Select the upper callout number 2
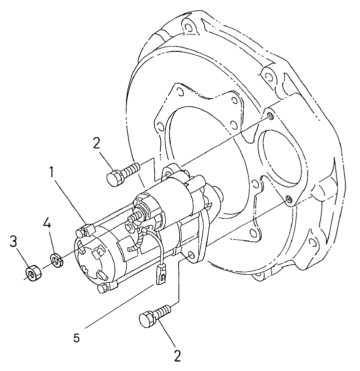pyautogui.click(x=97, y=143)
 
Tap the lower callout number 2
pyautogui.click(x=177, y=356)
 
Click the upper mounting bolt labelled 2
pyautogui.click(x=122, y=173)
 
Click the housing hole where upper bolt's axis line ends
pyautogui.click(x=270, y=116)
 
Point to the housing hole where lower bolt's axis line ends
pyautogui.click(x=288, y=199)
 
